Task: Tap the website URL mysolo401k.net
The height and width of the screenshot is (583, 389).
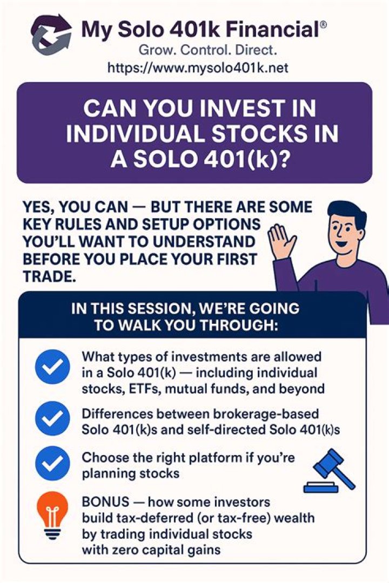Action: [x=198, y=67]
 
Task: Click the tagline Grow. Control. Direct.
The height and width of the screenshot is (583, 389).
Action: [x=207, y=51]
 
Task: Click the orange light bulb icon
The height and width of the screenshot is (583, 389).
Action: [x=52, y=514]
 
